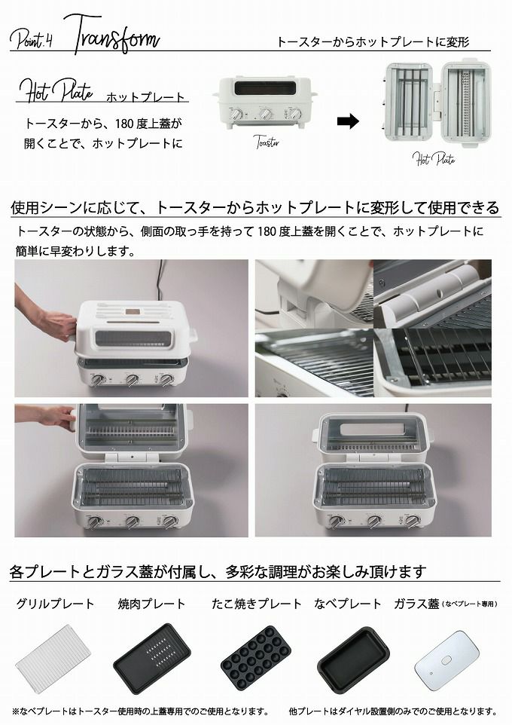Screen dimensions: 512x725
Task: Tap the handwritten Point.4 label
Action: click(x=32, y=39)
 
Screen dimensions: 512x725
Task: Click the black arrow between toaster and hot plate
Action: click(x=348, y=121)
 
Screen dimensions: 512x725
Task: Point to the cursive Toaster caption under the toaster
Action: click(x=267, y=142)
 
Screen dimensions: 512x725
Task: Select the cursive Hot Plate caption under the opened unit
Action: click(x=434, y=159)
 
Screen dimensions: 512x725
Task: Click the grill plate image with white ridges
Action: click(x=55, y=659)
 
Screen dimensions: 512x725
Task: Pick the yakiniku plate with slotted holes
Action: click(x=153, y=659)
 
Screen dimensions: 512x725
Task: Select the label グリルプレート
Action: click(x=55, y=604)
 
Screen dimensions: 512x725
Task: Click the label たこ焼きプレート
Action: click(x=257, y=604)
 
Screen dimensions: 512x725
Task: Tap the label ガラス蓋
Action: click(x=416, y=604)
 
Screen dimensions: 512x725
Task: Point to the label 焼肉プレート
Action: click(x=151, y=604)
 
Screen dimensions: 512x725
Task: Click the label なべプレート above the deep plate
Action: click(x=348, y=604)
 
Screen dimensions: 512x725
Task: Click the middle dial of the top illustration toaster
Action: click(x=266, y=114)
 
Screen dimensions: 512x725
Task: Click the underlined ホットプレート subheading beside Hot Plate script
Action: click(x=145, y=97)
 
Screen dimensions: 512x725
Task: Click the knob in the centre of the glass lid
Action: click(x=446, y=660)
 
